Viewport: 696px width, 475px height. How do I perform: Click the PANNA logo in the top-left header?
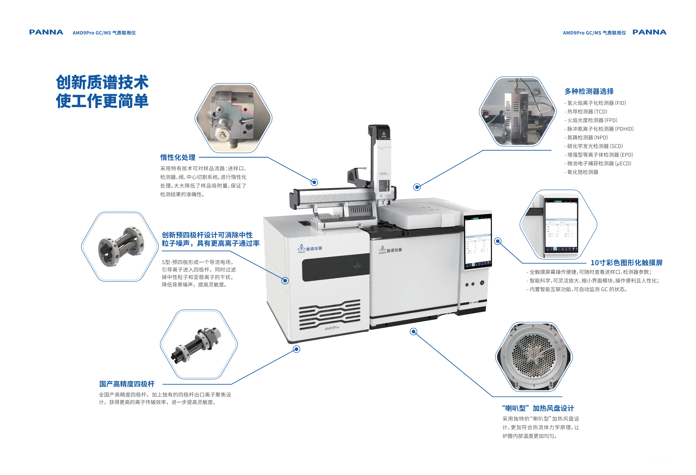point(46,32)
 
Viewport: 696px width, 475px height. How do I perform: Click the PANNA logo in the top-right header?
point(649,32)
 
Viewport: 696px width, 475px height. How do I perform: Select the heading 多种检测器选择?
point(589,91)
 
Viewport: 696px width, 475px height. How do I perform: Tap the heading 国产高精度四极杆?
point(127,384)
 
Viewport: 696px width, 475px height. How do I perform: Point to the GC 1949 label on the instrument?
point(474,303)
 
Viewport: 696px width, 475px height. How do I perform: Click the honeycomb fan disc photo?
point(534,357)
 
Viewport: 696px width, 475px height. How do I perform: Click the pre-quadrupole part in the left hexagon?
point(121,247)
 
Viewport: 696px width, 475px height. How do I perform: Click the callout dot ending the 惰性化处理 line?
point(314,182)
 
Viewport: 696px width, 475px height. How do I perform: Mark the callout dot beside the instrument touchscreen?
point(498,241)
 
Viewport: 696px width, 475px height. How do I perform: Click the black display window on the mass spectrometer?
point(336,267)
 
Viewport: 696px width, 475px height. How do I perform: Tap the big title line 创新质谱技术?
point(102,82)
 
